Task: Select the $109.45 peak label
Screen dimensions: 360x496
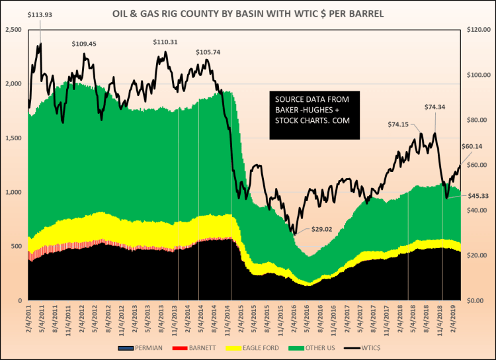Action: [x=84, y=44]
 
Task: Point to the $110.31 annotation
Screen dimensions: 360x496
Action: [x=166, y=42]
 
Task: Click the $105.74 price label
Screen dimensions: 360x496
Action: [x=209, y=52]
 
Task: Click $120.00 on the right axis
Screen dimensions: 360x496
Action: [x=477, y=30]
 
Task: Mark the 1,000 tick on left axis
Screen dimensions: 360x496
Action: [x=13, y=192]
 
